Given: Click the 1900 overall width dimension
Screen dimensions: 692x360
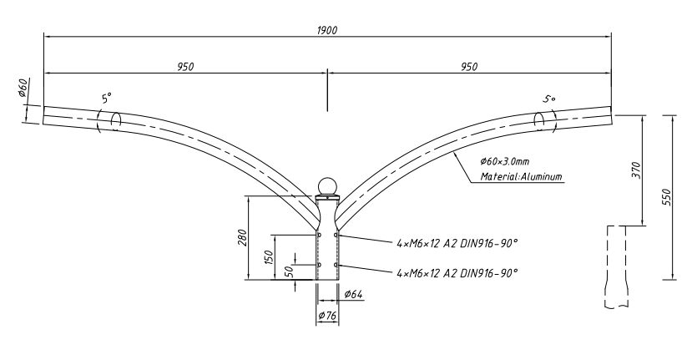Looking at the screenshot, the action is pos(327,30).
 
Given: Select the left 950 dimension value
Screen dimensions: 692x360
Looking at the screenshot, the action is pos(185,67).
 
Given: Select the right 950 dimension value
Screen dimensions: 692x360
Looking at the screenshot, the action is pos(469,67).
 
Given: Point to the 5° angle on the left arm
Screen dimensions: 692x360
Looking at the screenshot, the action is pos(106,98).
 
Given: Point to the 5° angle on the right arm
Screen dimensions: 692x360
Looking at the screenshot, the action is pos(549,99).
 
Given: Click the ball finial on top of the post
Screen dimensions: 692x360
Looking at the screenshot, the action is pos(327,186).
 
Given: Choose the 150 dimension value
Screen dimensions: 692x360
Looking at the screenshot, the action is pos(269,256).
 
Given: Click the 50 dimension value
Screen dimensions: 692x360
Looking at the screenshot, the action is pos(289,271).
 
